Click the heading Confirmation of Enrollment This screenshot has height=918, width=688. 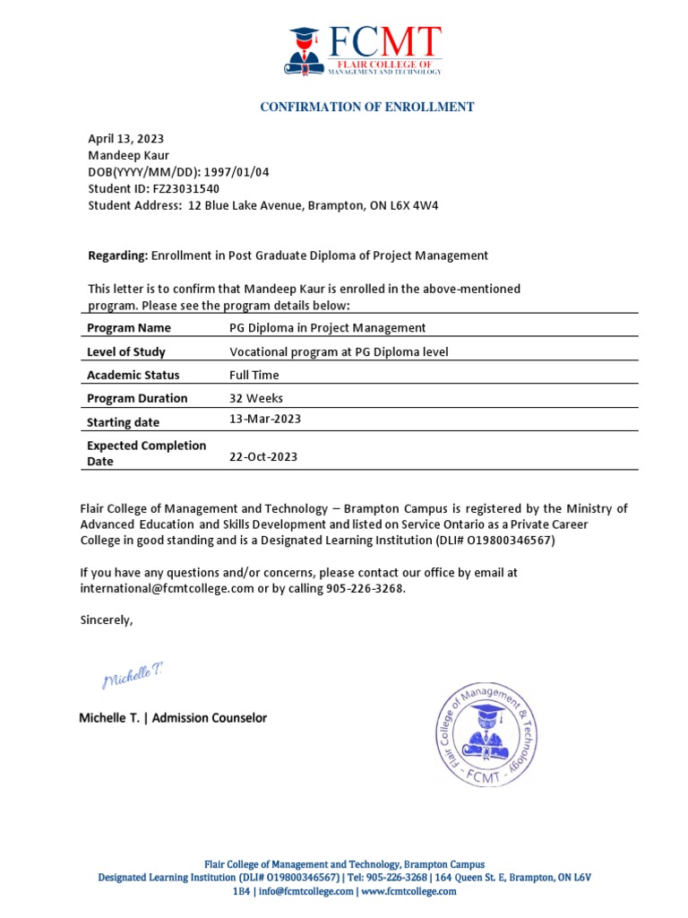(366, 107)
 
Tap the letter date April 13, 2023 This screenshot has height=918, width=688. (125, 138)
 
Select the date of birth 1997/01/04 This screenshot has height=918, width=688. (230, 172)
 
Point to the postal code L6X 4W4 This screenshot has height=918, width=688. (410, 205)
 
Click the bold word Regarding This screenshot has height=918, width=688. (116, 255)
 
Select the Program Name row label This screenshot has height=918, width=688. (128, 328)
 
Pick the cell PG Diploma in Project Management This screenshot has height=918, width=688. (327, 328)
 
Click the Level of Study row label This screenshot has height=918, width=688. (125, 351)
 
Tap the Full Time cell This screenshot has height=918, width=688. (254, 375)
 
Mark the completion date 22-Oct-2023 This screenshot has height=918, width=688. (263, 456)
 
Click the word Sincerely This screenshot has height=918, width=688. (106, 619)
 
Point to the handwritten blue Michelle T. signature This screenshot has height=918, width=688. (132, 678)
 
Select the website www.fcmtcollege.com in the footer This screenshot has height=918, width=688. (408, 892)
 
